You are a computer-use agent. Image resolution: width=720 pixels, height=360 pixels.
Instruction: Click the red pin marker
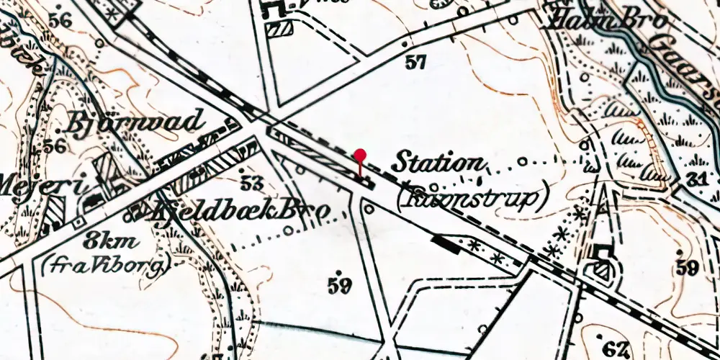[360, 156]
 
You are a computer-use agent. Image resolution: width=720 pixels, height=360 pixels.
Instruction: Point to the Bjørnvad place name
[135, 125]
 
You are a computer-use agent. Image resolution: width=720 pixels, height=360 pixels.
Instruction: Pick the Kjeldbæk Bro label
[242, 210]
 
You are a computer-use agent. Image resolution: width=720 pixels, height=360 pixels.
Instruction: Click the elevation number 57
[415, 63]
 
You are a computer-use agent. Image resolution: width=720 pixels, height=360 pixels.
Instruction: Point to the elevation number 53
[252, 183]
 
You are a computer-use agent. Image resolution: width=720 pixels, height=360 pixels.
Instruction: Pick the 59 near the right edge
[687, 269]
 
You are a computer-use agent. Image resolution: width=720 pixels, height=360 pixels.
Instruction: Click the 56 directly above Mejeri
[55, 146]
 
